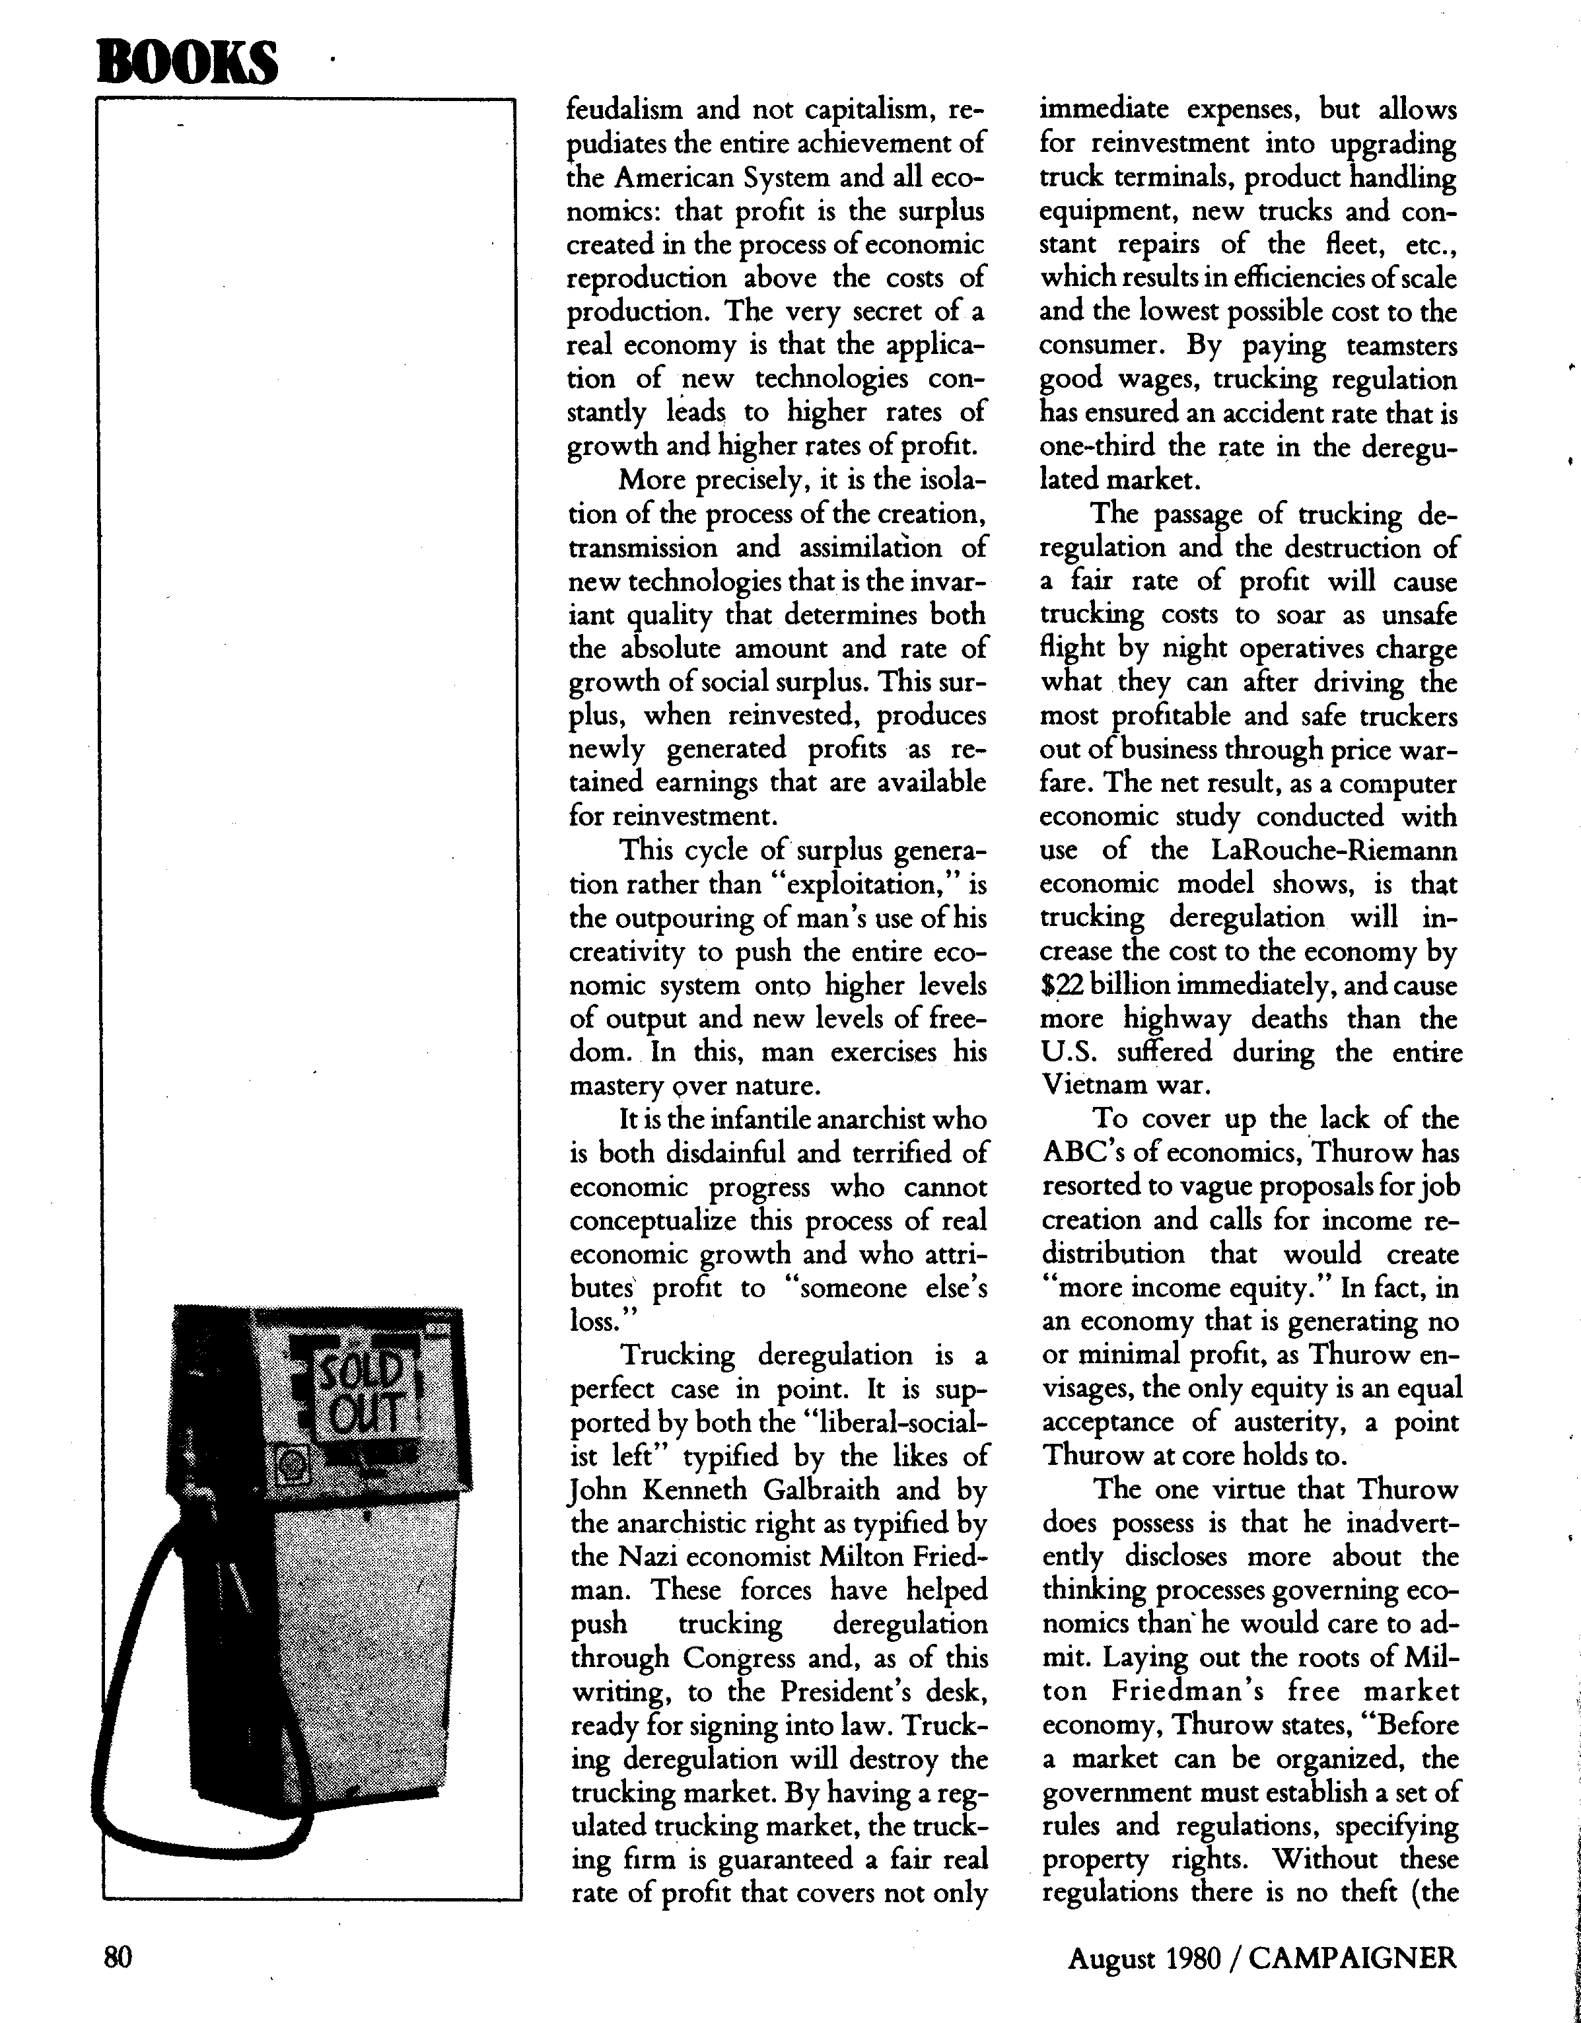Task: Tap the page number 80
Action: point(118,1957)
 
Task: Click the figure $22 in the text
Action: point(1061,985)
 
